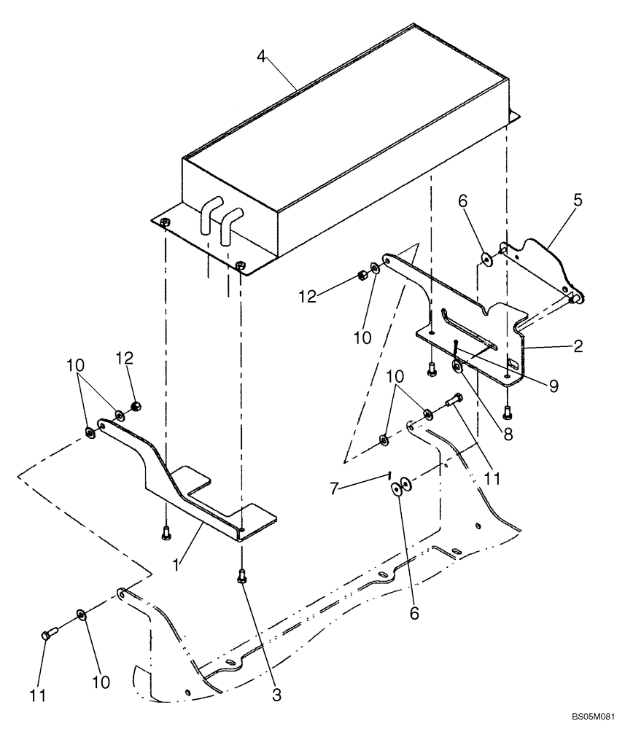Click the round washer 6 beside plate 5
tap(485, 257)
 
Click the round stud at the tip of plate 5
tap(575, 297)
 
